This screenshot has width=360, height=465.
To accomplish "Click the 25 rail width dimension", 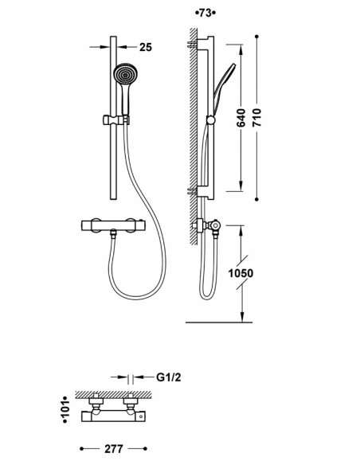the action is (x=146, y=47).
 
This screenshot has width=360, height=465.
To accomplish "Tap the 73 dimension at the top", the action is (x=205, y=13).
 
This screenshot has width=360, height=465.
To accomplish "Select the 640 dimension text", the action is (x=241, y=118).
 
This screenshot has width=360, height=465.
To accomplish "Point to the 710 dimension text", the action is (x=257, y=118).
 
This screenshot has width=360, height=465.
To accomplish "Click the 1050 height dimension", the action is (x=241, y=273).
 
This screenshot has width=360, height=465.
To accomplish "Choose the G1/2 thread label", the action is (x=168, y=377).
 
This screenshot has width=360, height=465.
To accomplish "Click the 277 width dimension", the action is (x=114, y=449).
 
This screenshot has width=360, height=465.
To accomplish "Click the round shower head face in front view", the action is (x=125, y=74).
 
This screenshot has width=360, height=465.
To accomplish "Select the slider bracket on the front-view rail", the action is (x=116, y=119).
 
